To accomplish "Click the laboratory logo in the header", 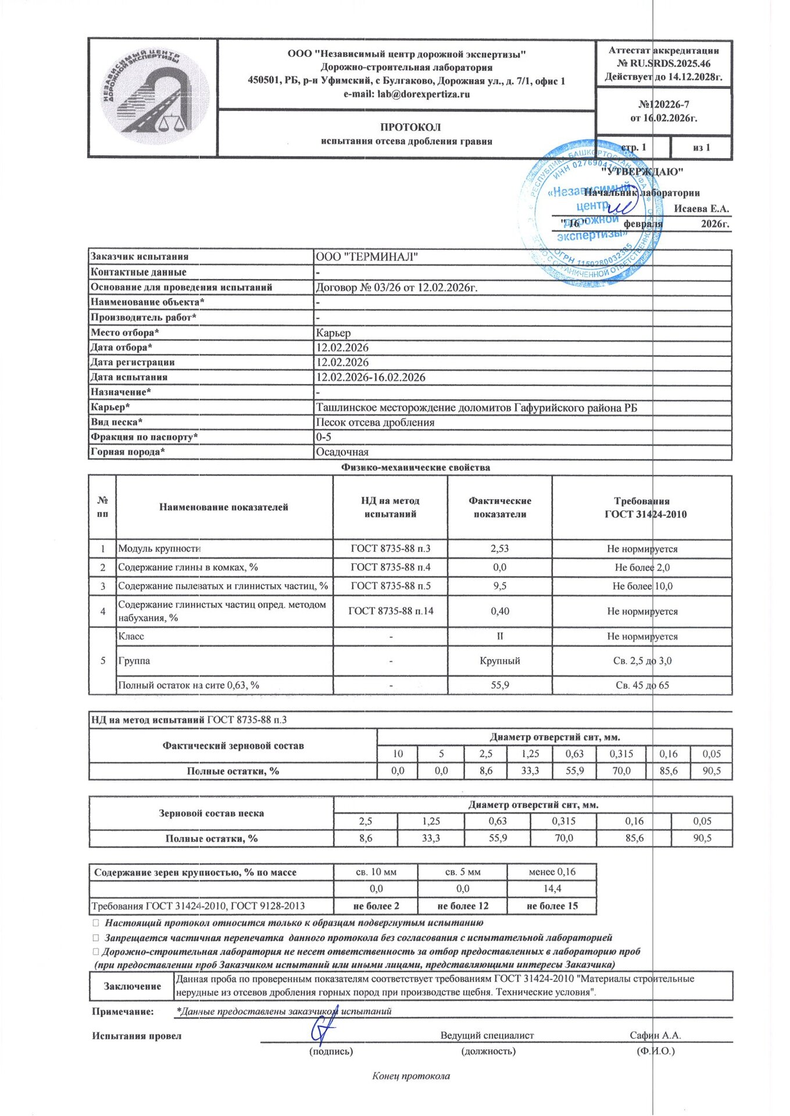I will pos(152,98).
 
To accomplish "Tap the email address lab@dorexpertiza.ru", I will pos(406,94).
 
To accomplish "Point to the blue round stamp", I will pos(591,212).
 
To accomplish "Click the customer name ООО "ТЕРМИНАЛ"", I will pos(367,257).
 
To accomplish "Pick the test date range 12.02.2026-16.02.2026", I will pos(370,377).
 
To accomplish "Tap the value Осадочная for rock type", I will pos(342,452).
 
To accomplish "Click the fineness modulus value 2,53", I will pos(499,549).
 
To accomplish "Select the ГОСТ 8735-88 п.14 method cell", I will pos(391,611).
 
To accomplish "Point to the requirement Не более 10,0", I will pos(642,586).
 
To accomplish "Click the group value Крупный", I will pos(499,661).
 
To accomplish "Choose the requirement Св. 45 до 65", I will pos(642,685).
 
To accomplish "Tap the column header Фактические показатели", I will pos(499,507).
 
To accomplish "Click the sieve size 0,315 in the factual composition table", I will pos(621,754).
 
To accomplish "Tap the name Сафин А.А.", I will pos(655,1035).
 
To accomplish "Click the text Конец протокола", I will pos(410,1076).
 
